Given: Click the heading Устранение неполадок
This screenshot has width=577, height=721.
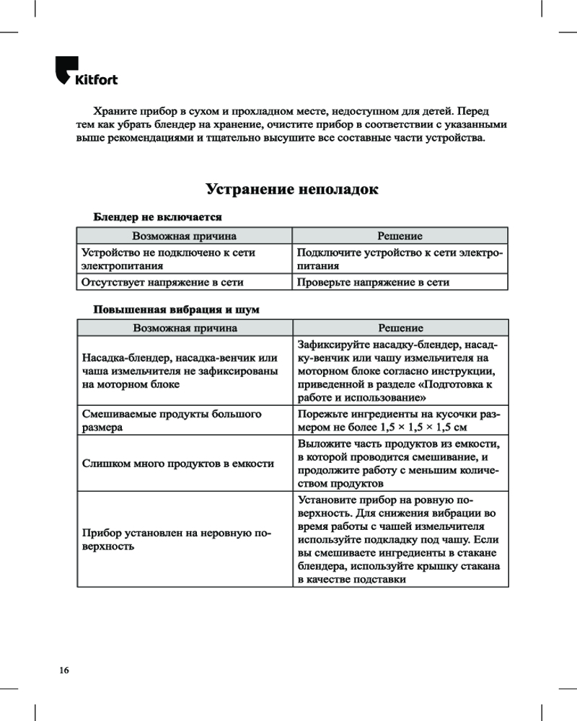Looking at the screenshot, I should [291, 190].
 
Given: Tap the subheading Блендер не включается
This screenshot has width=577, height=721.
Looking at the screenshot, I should [157, 216].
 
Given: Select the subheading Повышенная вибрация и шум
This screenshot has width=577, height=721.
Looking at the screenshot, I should [176, 309].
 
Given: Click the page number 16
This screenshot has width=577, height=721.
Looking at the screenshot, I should [64, 671].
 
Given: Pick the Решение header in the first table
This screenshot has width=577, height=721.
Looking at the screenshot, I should [400, 236].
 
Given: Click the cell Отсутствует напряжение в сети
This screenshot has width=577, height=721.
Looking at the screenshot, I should [162, 282].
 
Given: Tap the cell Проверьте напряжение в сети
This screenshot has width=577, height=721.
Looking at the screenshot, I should [373, 282].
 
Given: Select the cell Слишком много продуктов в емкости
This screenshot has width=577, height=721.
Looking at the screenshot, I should [178, 463].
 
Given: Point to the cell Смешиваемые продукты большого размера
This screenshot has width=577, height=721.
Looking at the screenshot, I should [172, 420].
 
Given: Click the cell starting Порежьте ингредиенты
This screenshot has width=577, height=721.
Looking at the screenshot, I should [400, 420].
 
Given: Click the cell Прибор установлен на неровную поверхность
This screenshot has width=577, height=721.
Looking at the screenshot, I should [177, 540].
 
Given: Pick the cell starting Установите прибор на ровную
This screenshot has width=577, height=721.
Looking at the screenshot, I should [400, 540].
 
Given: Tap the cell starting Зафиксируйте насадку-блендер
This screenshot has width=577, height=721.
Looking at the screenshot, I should [400, 371].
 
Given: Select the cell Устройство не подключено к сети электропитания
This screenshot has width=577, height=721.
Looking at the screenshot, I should [168, 259].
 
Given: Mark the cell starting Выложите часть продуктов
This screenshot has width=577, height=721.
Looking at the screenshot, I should [400, 463].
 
